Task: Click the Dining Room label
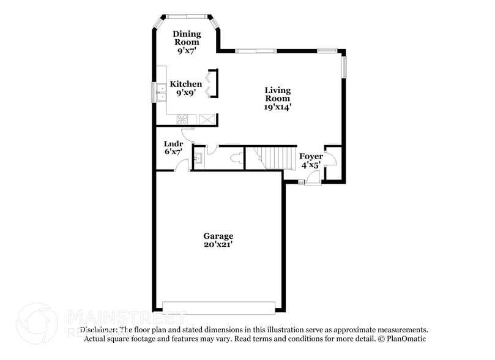point(186,42)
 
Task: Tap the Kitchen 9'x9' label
point(186,88)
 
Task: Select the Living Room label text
point(277,98)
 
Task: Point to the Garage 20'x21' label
point(218,239)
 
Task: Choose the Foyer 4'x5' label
point(311,160)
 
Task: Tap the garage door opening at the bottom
point(218,307)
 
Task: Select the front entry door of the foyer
point(313,179)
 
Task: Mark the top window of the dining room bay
point(186,16)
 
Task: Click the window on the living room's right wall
point(344,66)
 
